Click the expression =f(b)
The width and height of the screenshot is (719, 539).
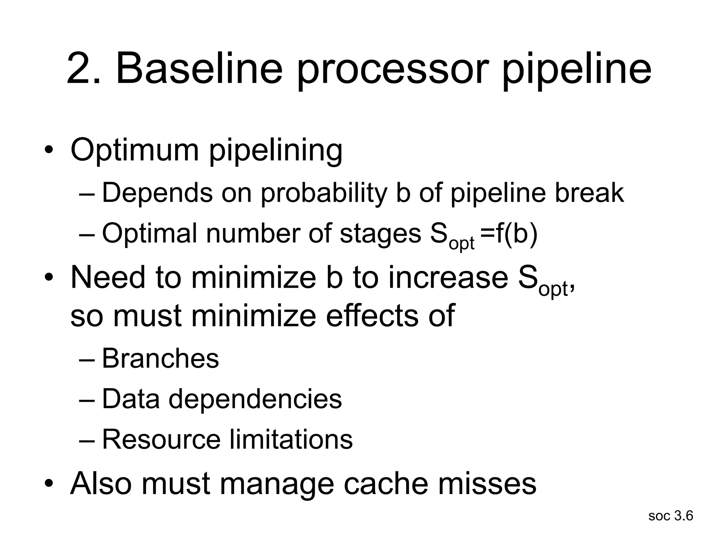[x=509, y=234]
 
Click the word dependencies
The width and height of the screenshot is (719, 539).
[x=255, y=399]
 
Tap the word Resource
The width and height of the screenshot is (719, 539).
[x=161, y=439]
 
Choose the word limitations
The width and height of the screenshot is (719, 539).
[x=291, y=439]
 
